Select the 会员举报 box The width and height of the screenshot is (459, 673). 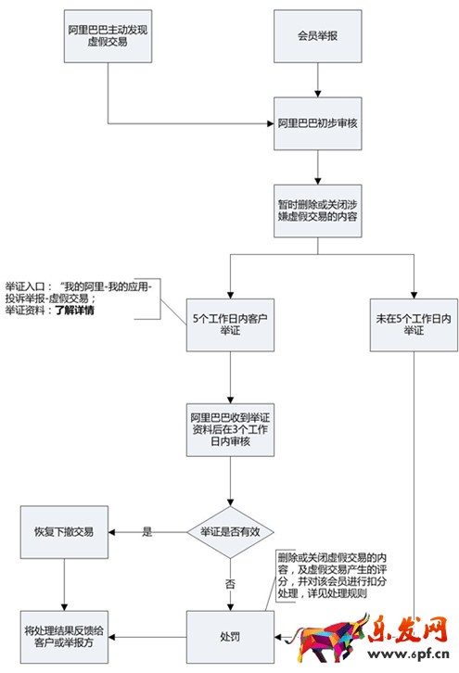(318, 38)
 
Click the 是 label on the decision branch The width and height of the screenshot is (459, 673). (147, 532)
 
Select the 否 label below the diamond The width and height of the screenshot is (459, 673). (230, 583)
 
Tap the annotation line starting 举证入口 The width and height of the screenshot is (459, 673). (83, 287)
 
